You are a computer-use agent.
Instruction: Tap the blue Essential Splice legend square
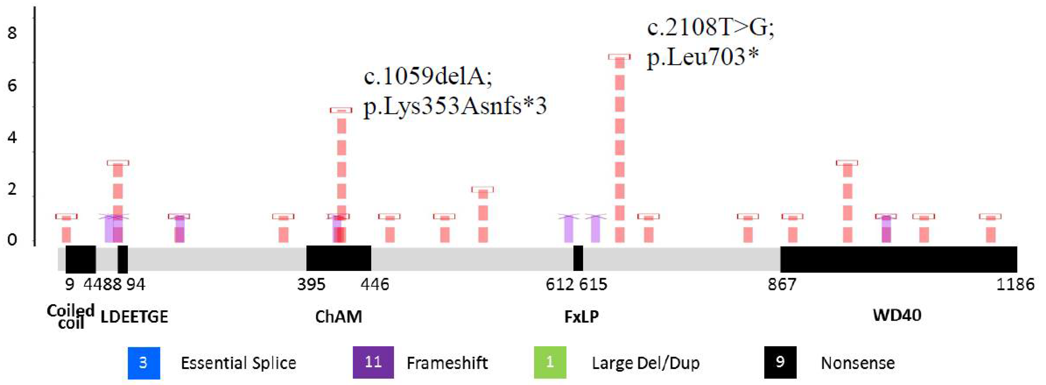pos(144,362)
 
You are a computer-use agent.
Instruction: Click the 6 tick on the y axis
pos(12,85)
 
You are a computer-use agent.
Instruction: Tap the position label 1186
pos(1015,284)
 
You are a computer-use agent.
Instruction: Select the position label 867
pos(782,284)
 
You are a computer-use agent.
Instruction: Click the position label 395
pos(311,284)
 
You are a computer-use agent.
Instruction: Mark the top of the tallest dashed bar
pos(619,57)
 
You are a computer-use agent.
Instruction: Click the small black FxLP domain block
pos(578,258)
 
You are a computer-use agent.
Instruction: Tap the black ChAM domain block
pos(338,258)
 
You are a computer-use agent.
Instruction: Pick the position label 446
pos(374,284)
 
